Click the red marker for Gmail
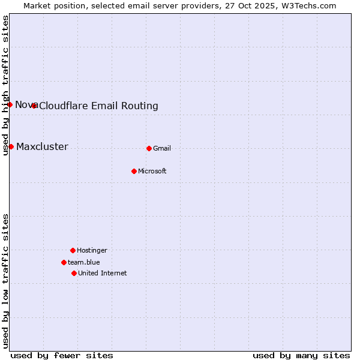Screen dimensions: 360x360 (149, 148)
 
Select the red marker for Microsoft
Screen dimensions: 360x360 (134, 171)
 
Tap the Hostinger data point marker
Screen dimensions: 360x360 (73, 250)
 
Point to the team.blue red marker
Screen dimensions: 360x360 (64, 262)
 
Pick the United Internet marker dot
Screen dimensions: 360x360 (74, 273)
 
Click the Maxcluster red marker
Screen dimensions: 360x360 (11, 146)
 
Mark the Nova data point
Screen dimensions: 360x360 (10, 105)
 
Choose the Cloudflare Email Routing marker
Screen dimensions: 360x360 (34, 106)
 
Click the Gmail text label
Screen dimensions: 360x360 (162, 148)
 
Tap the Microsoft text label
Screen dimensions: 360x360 (152, 171)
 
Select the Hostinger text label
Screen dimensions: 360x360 (92, 250)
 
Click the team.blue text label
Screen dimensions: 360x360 (84, 262)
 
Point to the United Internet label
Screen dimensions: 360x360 (103, 273)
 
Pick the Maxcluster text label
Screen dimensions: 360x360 (42, 146)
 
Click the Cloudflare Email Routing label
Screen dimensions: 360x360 (98, 106)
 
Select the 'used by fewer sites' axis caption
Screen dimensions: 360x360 (62, 355)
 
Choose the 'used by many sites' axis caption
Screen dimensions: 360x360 (301, 355)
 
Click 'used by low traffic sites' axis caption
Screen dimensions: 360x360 (5, 281)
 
